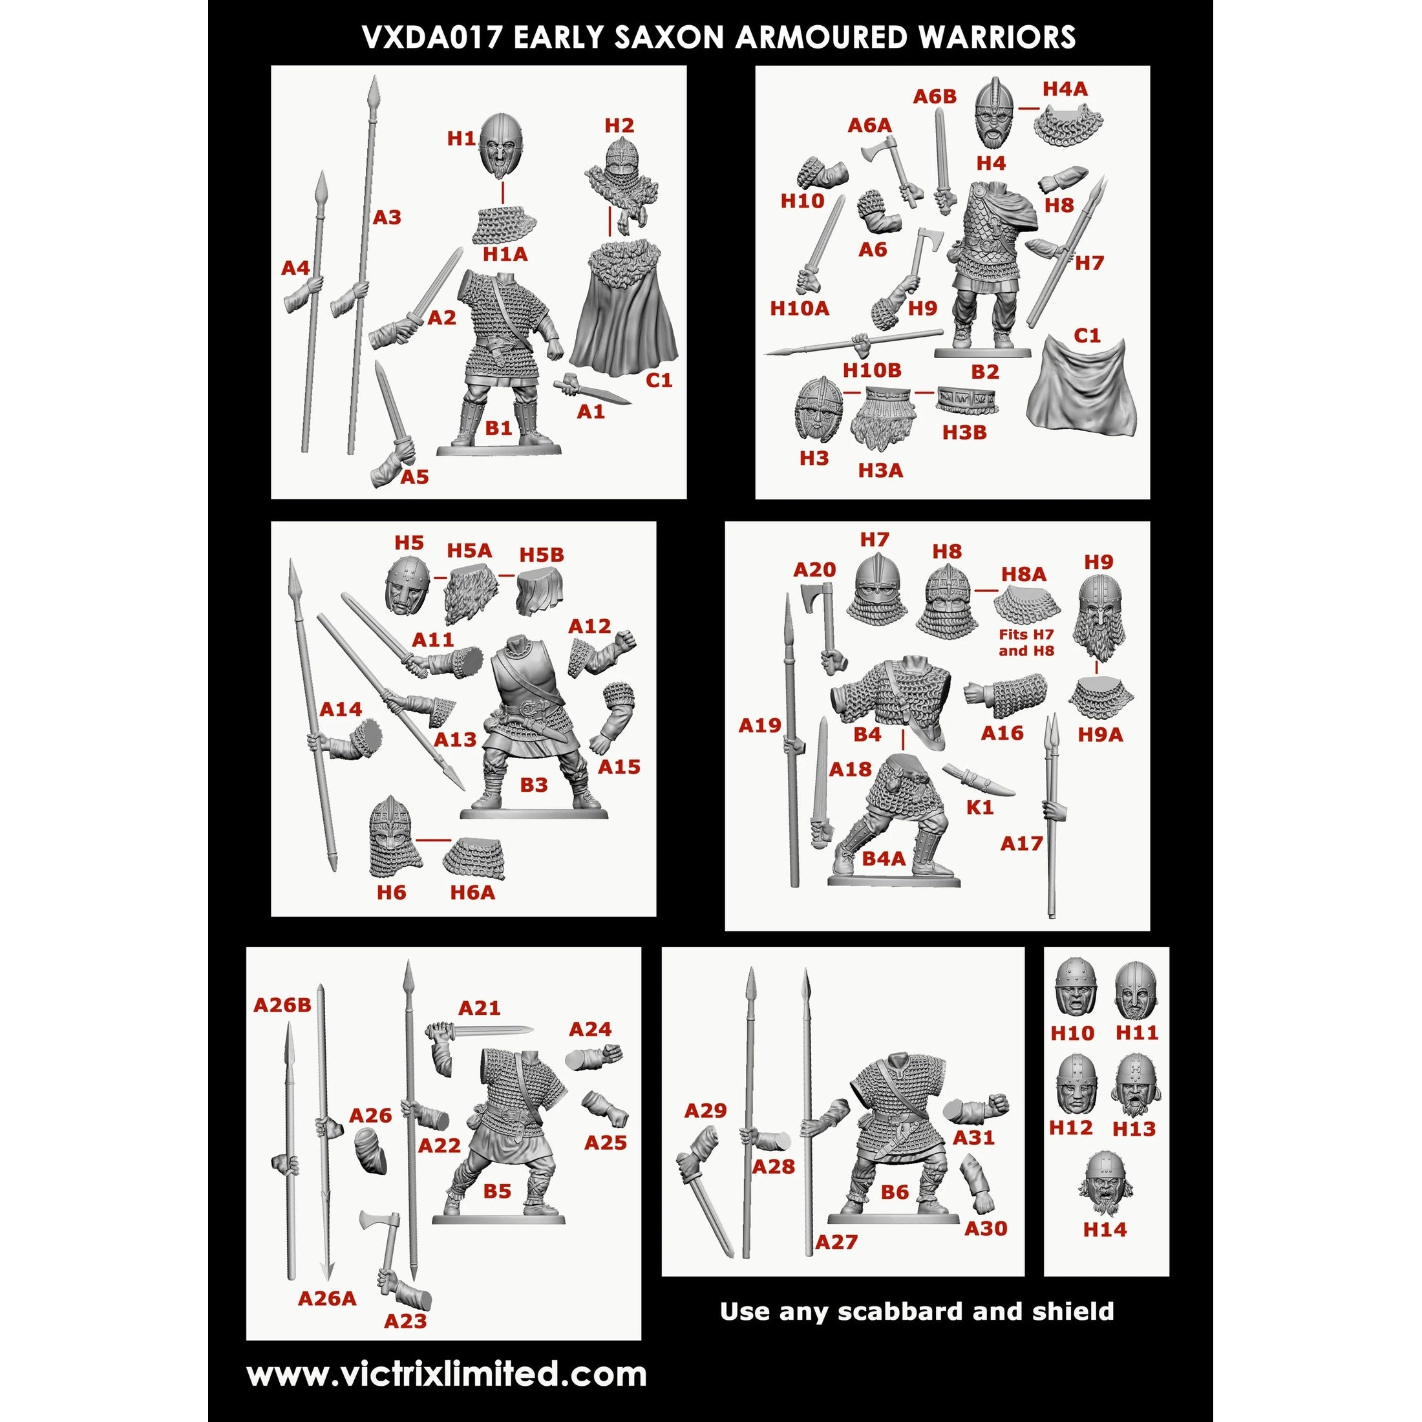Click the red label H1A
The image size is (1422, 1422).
[x=505, y=255]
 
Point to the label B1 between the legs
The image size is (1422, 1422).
[x=498, y=428]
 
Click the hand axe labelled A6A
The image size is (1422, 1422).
[x=892, y=173]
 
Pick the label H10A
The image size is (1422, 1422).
[x=800, y=308]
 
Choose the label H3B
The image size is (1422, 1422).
[x=964, y=433]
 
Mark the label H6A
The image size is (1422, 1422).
[x=472, y=893]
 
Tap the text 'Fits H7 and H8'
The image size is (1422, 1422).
[x=1026, y=642]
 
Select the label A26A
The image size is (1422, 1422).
[x=327, y=1299]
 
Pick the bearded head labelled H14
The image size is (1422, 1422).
[x=1105, y=1193]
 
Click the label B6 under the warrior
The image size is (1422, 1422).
[x=895, y=1193]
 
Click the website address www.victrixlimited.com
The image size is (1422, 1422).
[x=447, y=1375]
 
